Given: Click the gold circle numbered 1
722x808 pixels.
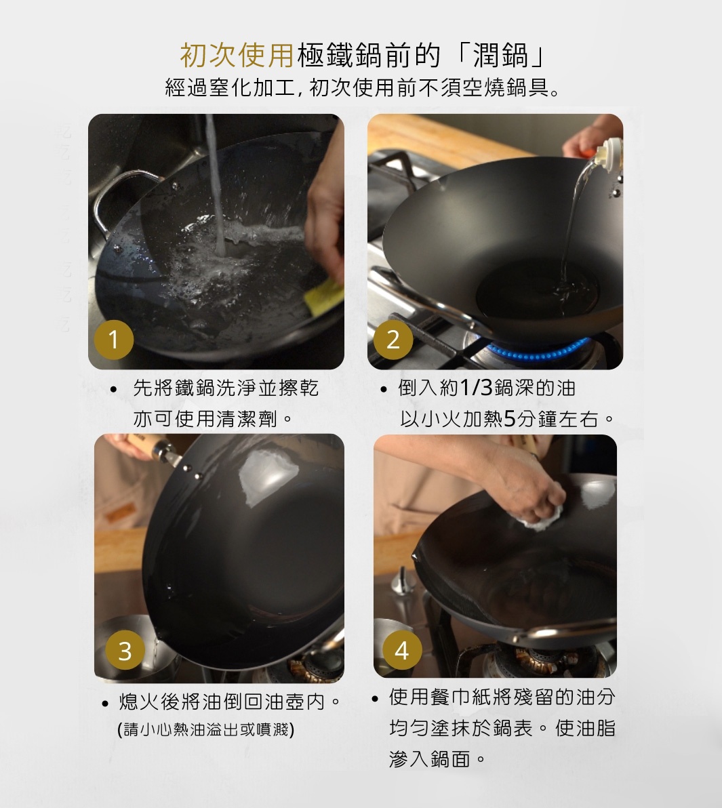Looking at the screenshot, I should pyautogui.click(x=114, y=338).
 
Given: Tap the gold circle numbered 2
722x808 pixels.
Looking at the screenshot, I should pyautogui.click(x=393, y=339).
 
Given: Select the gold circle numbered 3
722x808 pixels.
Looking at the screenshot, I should pyautogui.click(x=125, y=651).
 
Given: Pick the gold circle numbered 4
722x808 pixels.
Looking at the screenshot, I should pyautogui.click(x=401, y=651).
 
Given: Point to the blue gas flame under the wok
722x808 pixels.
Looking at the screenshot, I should pyautogui.click(x=536, y=354).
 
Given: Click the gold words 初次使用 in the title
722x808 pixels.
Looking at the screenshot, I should pyautogui.click(x=237, y=56).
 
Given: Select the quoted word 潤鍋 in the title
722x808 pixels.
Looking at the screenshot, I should pyautogui.click(x=500, y=56).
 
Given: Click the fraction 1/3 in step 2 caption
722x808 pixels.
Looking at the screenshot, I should pyautogui.click(x=477, y=388).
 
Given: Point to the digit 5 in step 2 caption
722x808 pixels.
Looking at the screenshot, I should pyautogui.click(x=510, y=419).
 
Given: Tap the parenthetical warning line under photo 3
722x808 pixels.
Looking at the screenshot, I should pyautogui.click(x=205, y=729).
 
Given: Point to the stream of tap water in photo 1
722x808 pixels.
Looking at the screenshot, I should pyautogui.click(x=216, y=190).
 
